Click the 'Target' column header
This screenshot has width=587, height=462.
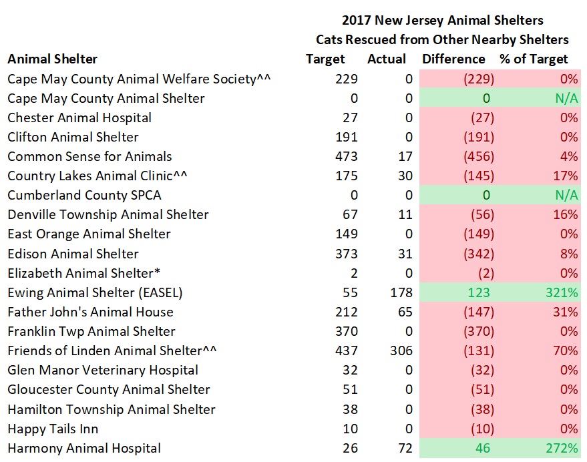pyautogui.click(x=325, y=59)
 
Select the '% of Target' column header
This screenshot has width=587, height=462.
pyautogui.click(x=534, y=59)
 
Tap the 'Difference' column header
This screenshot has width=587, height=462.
pyautogui.click(x=453, y=59)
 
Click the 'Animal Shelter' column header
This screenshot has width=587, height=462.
pyautogui.click(x=52, y=59)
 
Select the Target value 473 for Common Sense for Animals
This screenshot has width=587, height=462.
pyautogui.click(x=345, y=157)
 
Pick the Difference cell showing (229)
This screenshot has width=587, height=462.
pyautogui.click(x=479, y=79)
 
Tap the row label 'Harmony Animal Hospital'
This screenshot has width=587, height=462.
pyautogui.click(x=84, y=448)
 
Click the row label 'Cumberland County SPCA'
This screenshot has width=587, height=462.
pyautogui.click(x=84, y=196)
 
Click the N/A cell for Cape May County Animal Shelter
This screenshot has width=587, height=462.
pyautogui.click(x=564, y=99)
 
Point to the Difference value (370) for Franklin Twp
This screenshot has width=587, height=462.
pyautogui.click(x=479, y=331)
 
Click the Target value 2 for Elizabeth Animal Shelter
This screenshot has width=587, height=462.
pyautogui.click(x=353, y=273)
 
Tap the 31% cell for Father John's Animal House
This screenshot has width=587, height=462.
pyautogui.click(x=564, y=312)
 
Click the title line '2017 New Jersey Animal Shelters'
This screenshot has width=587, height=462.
pyautogui.click(x=442, y=21)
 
